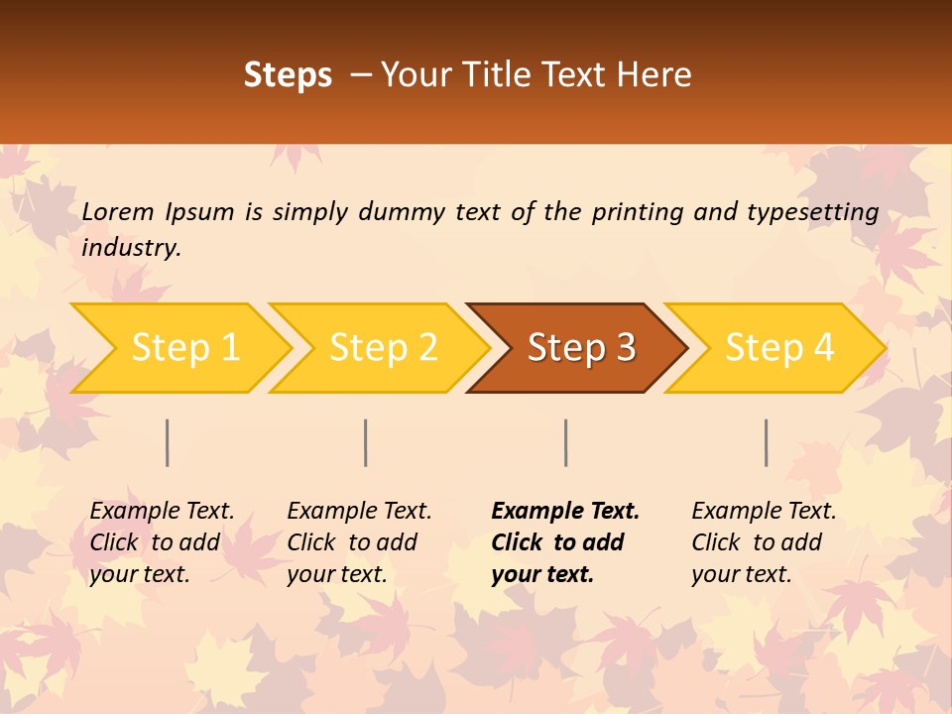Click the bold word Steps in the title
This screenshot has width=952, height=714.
point(288,75)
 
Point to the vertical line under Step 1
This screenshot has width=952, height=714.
point(168,442)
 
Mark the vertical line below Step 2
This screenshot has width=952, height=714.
point(366,442)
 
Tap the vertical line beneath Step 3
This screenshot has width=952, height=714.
point(565,442)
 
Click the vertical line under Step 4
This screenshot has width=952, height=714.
point(766,442)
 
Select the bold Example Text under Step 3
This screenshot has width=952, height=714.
point(565,512)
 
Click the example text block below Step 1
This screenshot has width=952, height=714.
point(162,542)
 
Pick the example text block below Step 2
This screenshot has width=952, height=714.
point(359,542)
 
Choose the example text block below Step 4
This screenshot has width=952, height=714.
point(764,542)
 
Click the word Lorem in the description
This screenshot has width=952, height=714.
point(118,211)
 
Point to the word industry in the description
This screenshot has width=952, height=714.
point(131,248)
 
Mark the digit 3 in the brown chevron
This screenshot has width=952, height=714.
point(625,348)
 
